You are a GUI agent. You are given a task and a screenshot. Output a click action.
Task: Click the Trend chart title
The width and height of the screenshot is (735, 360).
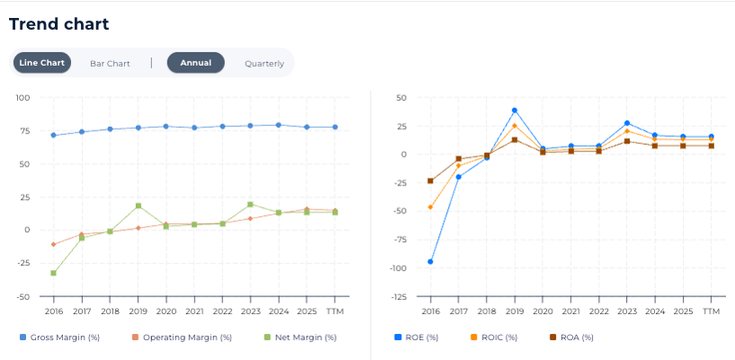(58, 24)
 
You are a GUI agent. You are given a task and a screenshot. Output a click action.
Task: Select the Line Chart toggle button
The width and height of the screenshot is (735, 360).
(42, 63)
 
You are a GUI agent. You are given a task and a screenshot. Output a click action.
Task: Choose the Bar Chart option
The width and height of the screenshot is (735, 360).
(110, 63)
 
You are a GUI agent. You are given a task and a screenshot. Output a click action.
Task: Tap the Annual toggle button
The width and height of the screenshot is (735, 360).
(195, 63)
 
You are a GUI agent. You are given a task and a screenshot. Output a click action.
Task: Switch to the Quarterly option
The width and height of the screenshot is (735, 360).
(264, 63)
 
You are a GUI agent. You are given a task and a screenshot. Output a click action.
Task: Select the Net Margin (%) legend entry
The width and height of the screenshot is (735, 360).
(300, 337)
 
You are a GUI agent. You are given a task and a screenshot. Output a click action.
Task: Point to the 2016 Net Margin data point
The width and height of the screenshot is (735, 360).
(53, 273)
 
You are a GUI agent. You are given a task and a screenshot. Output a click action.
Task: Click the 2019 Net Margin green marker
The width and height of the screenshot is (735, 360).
(139, 205)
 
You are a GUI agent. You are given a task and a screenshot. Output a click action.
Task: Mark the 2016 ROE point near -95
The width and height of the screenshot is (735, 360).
(430, 262)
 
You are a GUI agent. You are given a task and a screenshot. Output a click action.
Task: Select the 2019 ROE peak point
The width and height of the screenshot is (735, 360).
(515, 110)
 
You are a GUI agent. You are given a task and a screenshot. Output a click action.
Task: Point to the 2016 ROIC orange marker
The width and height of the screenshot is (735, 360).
(430, 207)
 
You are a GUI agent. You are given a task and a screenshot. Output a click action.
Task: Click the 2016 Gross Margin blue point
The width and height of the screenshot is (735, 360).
(53, 135)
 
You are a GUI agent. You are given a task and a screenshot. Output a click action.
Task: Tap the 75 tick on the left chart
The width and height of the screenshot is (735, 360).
(24, 131)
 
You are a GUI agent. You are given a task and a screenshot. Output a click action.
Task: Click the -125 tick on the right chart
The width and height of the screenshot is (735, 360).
(396, 296)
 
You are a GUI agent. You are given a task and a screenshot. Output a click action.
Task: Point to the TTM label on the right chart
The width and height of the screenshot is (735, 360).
(711, 310)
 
